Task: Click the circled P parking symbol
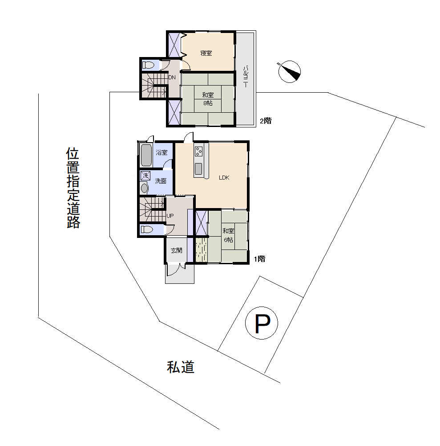(262, 323)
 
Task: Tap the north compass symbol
(289, 71)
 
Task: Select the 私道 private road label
(181, 367)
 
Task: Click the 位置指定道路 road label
(73, 188)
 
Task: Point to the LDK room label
(224, 177)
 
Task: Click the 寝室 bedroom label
(206, 53)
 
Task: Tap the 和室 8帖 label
(208, 99)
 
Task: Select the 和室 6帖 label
(228, 235)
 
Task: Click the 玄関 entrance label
(176, 250)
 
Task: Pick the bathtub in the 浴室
(146, 155)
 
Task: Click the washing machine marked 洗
(145, 176)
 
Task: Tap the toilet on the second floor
(148, 65)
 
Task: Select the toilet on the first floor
(147, 229)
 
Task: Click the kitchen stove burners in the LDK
(198, 151)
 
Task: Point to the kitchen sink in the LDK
(198, 169)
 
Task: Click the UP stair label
(170, 216)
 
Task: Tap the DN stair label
(172, 78)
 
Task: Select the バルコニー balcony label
(246, 77)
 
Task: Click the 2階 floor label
(266, 121)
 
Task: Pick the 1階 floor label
(260, 259)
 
